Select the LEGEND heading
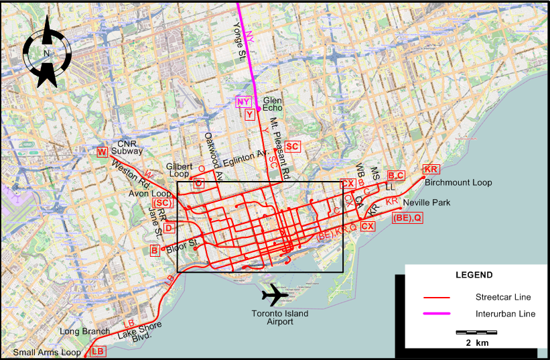(x=474, y=275)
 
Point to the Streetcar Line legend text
(x=501, y=296)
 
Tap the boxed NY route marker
(x=243, y=102)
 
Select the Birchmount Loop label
(x=458, y=182)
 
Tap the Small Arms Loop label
(x=42, y=353)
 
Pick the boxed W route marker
(x=102, y=152)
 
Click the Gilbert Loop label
(x=179, y=170)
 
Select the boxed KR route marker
(x=431, y=169)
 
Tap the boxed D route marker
(x=168, y=228)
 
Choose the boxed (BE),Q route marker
(x=408, y=217)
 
